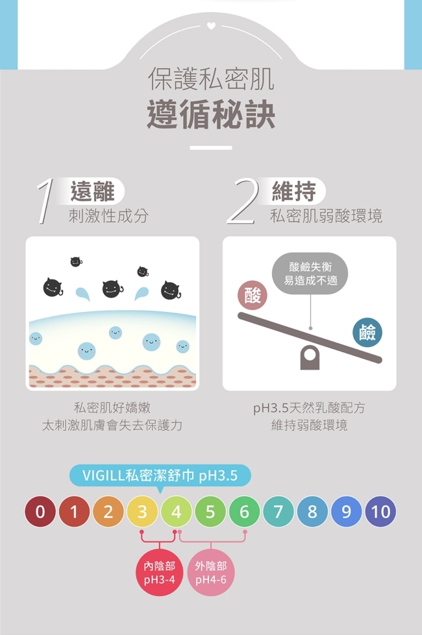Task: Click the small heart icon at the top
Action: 211,26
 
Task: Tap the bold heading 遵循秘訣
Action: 211,115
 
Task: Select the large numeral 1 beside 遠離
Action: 45,202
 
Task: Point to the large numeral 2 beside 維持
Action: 242,202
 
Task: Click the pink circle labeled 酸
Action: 252,295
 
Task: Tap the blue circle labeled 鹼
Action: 367,333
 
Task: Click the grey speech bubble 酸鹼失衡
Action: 310,273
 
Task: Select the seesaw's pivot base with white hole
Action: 310,357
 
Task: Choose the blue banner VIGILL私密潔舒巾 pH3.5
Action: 160,475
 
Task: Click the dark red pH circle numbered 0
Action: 40,512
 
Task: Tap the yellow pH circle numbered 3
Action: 142,512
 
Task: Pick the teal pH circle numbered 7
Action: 278,512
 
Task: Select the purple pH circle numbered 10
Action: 380,512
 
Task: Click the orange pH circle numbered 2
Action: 108,512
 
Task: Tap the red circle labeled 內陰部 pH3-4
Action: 159,573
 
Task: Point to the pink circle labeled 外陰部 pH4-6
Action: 211,573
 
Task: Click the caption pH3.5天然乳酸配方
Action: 309,408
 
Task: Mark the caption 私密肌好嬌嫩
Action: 112,407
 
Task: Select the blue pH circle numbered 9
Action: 346,512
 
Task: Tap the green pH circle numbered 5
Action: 210,512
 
